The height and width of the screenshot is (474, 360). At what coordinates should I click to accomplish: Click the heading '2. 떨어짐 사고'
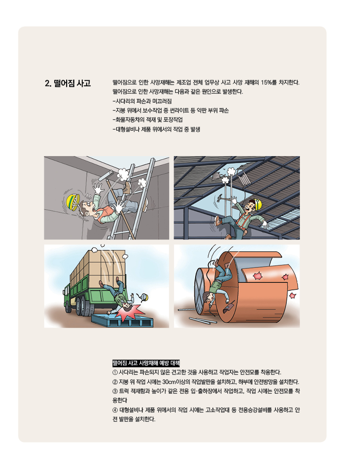[x=68, y=83]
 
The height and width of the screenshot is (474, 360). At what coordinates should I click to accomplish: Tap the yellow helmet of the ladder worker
[x=72, y=202]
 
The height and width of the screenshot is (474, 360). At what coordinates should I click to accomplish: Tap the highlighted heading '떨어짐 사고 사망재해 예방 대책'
[x=146, y=363]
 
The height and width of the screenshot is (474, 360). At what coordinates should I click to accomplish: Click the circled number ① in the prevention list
[x=115, y=372]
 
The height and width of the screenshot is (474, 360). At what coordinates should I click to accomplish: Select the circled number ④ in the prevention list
[x=115, y=410]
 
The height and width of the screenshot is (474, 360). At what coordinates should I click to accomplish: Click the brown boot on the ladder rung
[x=127, y=188]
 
